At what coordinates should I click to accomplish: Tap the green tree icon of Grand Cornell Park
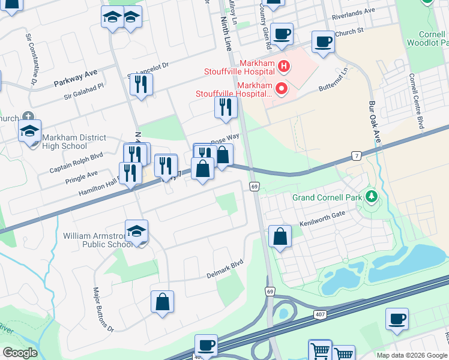coord(372,196)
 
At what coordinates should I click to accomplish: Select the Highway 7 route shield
coord(357,157)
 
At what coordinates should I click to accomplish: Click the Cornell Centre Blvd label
coord(417,101)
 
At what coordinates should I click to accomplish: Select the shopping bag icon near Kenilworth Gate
coord(280,237)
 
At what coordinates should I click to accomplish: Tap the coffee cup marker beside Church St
coord(323,42)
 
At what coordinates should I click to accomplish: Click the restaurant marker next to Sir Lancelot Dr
coord(141,84)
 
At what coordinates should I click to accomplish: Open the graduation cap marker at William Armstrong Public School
coord(137,231)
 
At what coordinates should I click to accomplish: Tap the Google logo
coord(19,353)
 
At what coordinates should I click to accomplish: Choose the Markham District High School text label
coord(65,142)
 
